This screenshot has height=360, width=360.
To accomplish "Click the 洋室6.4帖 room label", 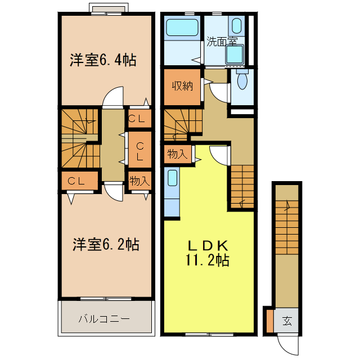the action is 103,60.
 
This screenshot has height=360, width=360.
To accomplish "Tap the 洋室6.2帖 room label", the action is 106,244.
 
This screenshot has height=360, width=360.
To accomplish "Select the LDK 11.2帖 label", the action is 208,253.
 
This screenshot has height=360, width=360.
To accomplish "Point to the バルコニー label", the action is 104,319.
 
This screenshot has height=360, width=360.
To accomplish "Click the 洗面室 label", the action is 222,42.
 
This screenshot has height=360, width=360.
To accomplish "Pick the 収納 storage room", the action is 182,87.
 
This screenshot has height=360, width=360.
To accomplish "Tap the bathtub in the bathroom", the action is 182,28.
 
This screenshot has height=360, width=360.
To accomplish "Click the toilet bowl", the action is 242,79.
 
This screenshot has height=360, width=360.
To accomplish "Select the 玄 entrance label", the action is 287,321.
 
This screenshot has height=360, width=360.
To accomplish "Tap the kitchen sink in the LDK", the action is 173,178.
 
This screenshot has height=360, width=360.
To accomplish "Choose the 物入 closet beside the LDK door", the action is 178,154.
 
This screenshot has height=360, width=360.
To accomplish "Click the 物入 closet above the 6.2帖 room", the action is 139,181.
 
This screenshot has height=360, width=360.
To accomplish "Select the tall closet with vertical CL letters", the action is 140,150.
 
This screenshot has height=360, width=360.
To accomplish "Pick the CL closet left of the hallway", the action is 80,181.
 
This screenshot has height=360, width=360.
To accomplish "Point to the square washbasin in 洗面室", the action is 235,55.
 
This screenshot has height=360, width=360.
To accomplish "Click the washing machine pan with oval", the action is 236,26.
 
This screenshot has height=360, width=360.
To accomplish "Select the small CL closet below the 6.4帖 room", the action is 139,119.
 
